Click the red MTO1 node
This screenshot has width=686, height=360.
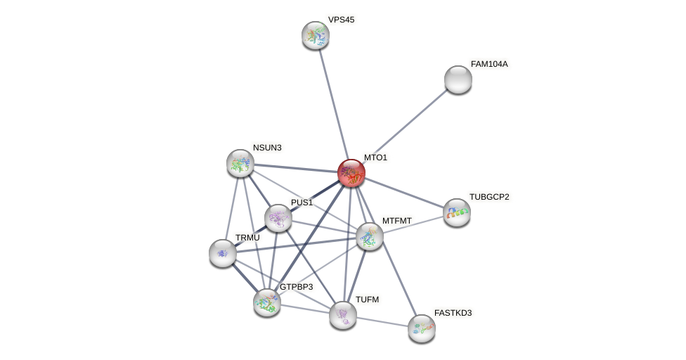click(351, 173)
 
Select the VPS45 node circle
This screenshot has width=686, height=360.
click(316, 35)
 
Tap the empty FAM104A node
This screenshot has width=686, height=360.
click(458, 79)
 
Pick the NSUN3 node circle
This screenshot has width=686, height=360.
click(240, 163)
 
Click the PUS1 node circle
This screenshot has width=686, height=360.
click(278, 218)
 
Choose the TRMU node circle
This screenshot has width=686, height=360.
click(223, 253)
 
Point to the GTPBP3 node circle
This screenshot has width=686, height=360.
click(267, 302)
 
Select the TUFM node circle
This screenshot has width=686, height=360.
click(343, 315)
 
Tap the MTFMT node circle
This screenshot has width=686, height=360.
click(370, 236)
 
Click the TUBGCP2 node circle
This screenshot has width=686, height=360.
click(457, 212)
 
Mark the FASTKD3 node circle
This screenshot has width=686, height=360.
click(422, 328)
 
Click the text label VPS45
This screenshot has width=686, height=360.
click(341, 20)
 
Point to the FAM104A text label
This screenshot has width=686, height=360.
click(489, 64)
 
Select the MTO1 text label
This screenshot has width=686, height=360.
click(375, 157)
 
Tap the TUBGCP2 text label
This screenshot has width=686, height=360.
click(489, 197)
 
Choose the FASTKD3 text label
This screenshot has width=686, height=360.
click(453, 313)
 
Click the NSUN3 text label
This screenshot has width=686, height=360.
click(267, 148)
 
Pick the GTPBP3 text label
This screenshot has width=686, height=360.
click(296, 287)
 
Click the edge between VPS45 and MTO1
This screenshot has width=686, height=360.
click(333, 103)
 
